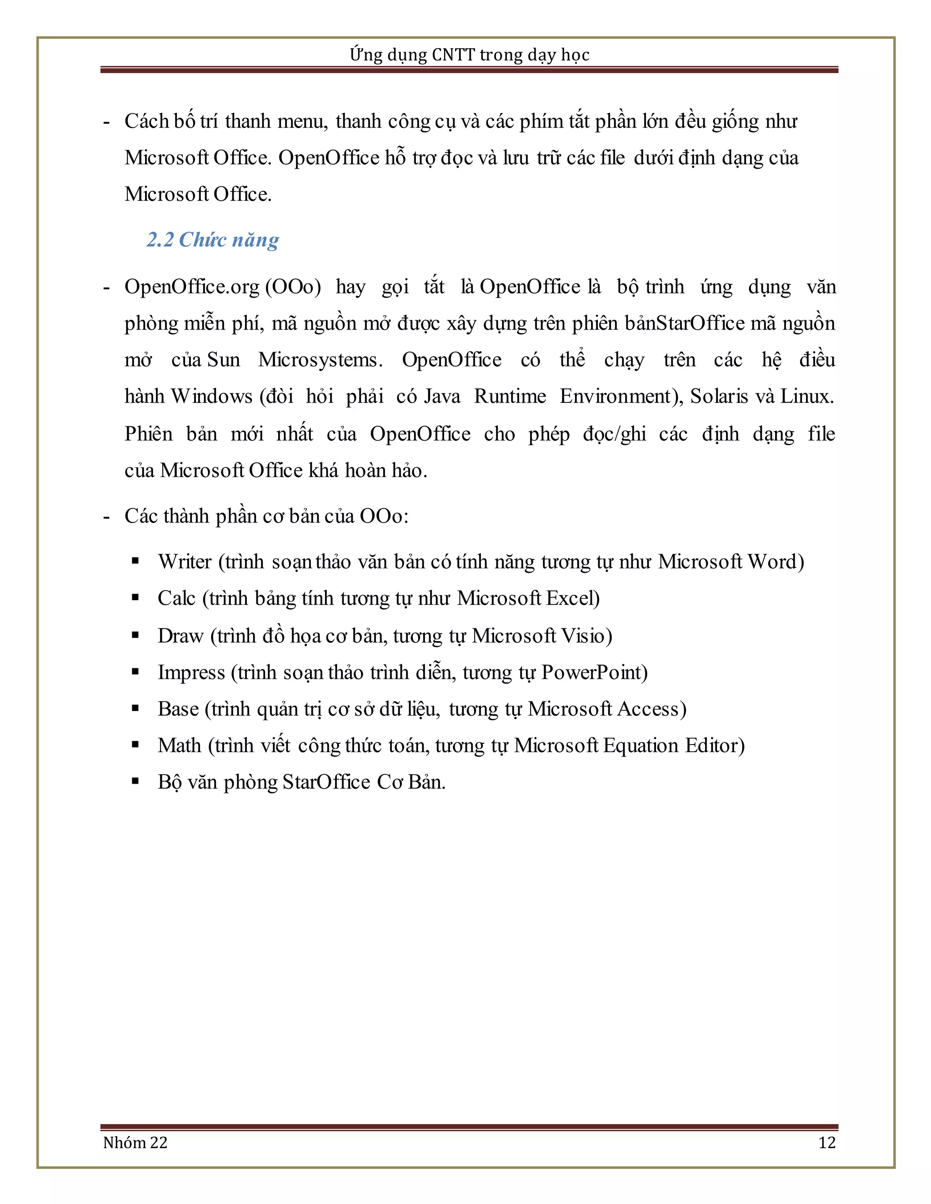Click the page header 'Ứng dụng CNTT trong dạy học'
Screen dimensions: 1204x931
469,55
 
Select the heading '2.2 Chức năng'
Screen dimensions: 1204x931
213,240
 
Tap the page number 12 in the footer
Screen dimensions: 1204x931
827,1142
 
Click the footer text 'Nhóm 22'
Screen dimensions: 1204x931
135,1142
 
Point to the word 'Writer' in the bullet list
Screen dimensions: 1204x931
185,562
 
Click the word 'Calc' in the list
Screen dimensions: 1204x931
176,598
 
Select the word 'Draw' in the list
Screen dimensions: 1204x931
180,636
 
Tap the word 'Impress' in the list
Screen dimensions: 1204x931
191,672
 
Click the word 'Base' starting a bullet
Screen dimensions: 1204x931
178,709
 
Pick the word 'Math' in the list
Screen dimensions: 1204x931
179,745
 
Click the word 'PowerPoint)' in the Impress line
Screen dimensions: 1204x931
595,672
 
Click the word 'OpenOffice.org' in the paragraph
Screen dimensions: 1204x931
192,287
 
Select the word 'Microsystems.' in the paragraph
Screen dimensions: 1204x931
320,360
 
